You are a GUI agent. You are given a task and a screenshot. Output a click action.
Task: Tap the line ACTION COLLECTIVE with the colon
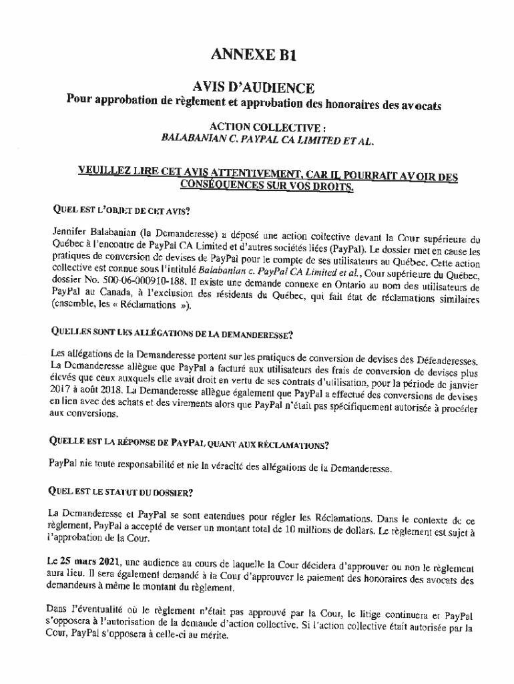pos(258,127)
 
